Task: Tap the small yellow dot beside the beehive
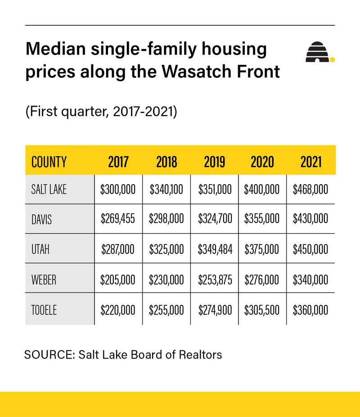[333, 59]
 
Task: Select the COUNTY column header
[49, 162]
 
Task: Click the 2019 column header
[214, 162]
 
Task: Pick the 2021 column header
[311, 162]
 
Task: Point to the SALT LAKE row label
[49, 189]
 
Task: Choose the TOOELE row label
[44, 310]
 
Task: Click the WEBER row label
[44, 280]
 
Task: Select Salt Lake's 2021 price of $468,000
[310, 189]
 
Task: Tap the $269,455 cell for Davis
[118, 219]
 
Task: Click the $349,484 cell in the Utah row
[215, 249]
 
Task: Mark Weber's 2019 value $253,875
[215, 280]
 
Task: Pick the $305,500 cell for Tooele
[262, 310]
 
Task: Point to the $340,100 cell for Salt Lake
[166, 189]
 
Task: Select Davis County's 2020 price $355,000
[262, 219]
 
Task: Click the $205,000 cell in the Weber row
[118, 280]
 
